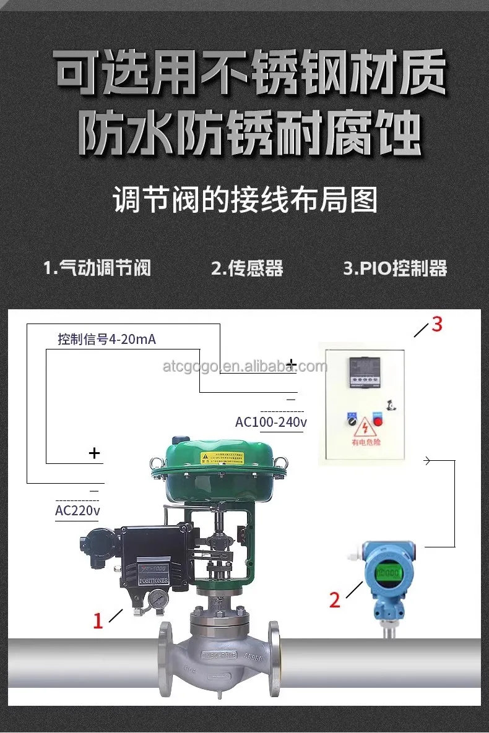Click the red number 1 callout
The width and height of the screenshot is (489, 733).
click(x=98, y=620)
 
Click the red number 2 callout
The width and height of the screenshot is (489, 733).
click(x=335, y=599)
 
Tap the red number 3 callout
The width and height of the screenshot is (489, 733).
click(x=437, y=324)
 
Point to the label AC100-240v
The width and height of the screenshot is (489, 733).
click(x=271, y=422)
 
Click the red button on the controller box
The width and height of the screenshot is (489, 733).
click(x=376, y=419)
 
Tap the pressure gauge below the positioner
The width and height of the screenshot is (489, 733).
click(x=158, y=599)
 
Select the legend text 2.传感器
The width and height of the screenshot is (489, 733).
click(x=247, y=268)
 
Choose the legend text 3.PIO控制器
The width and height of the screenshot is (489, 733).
click(x=395, y=268)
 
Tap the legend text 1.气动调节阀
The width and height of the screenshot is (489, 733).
click(x=97, y=268)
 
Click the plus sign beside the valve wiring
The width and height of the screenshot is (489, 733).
click(x=94, y=453)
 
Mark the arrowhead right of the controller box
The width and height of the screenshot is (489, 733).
click(x=427, y=460)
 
